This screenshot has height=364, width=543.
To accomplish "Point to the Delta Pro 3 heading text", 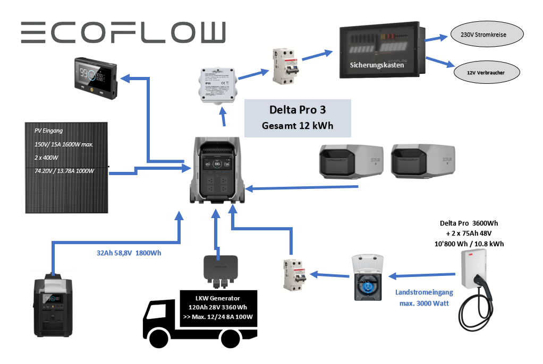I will tap(297, 110).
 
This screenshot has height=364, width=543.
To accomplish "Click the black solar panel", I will tap(66, 167).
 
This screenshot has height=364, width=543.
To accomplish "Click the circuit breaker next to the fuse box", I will tap(285, 66).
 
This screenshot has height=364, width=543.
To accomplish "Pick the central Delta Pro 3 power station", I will tap(216, 172).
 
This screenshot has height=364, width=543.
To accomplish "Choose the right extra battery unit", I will tap(423, 162).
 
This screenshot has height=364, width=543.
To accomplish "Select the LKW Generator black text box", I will tap(218, 308).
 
